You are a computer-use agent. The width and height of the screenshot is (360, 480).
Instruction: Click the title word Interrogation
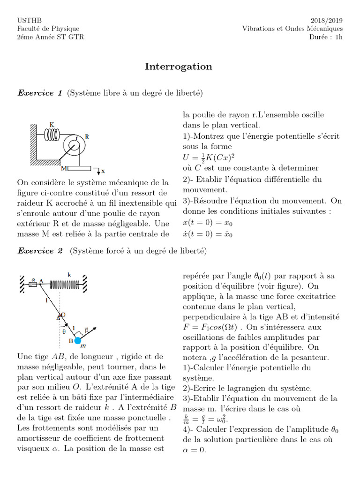tap(179, 67)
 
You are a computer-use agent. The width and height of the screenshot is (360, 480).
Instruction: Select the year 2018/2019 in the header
tap(326, 20)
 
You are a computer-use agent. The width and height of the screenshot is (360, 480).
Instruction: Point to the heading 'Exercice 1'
tap(40, 93)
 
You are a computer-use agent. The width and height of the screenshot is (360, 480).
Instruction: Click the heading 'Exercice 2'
tap(40, 251)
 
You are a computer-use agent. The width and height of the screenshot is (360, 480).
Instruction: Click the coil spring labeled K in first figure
tap(52, 135)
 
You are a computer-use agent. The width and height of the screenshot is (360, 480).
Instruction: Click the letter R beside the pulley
tap(88, 136)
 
